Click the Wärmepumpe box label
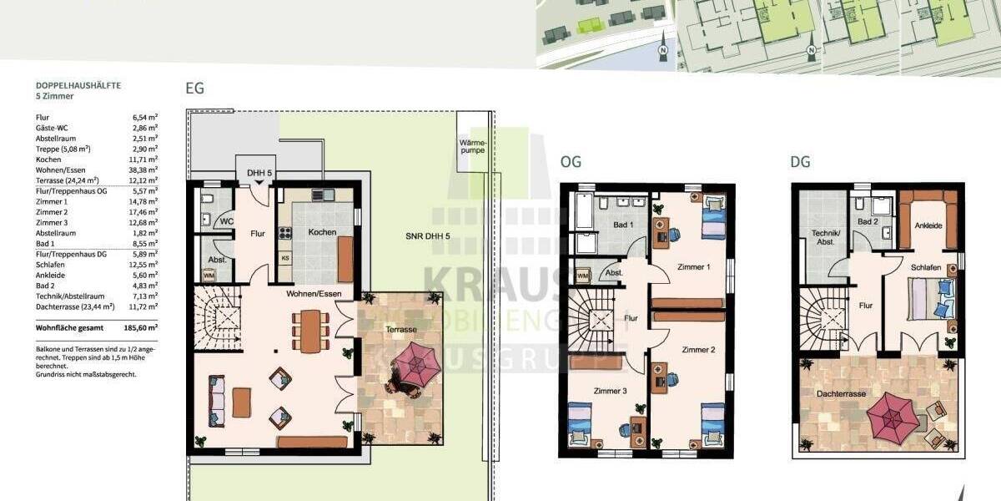click(471, 147)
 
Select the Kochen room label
click(321, 231)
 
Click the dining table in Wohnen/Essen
click(309, 331)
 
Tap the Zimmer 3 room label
click(610, 391)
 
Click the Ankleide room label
click(928, 225)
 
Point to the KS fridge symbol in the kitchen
click(285, 258)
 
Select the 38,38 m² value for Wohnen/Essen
click(144, 169)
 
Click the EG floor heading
click(194, 89)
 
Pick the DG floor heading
click(800, 162)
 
